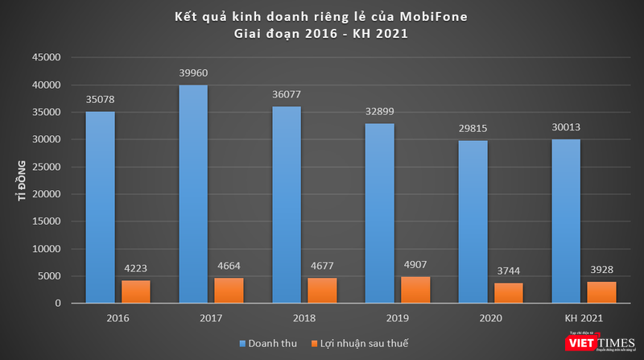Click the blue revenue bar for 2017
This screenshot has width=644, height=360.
[x=193, y=193]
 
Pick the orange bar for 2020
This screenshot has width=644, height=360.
[x=508, y=293]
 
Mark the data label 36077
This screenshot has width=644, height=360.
[x=286, y=95]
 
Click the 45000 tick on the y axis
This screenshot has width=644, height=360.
[x=45, y=58]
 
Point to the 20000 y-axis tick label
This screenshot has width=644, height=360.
[x=45, y=194]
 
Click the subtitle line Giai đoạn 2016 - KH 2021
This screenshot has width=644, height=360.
[x=322, y=34]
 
